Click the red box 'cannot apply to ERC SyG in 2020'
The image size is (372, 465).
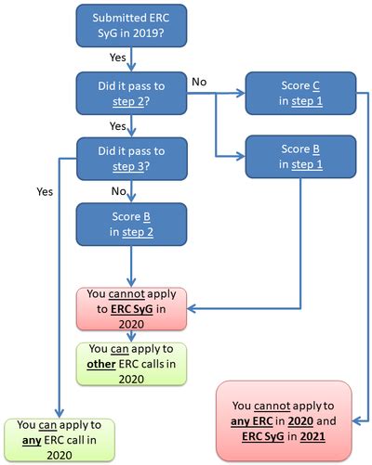(130, 306)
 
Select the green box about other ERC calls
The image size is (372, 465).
(130, 363)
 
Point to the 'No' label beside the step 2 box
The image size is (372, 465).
(198, 82)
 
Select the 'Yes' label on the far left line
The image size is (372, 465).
(44, 192)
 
